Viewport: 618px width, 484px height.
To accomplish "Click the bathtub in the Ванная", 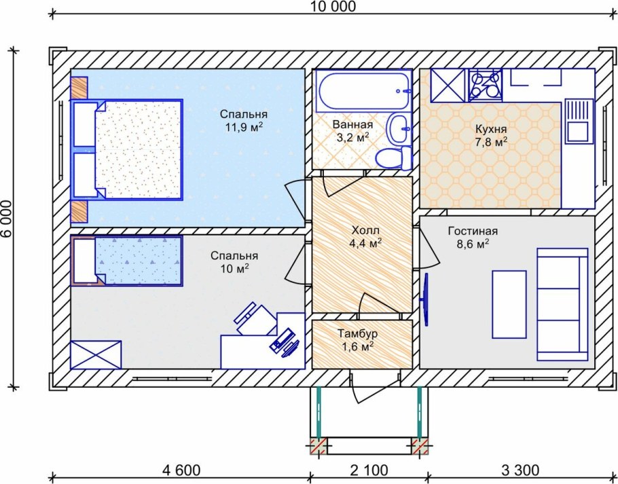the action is coord(364,91).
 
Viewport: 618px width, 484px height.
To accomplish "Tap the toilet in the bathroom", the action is coord(393,157).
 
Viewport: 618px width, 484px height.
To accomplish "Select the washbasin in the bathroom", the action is coord(399,128).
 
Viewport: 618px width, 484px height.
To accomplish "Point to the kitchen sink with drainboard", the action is coord(579,121).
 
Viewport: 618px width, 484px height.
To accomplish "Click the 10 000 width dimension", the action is coord(333,7).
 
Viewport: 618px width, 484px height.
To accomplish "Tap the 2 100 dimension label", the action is coord(369,470).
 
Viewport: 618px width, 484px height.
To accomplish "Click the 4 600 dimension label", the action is coord(182,470).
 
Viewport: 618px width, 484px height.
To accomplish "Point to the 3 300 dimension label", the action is coord(520,470).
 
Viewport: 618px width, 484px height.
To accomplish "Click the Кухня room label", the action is coord(491,129).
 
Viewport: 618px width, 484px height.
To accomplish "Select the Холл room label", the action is coord(365,230).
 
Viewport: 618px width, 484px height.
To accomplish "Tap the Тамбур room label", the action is coord(358,334).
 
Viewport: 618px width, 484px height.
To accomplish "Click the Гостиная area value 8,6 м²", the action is coord(473,244).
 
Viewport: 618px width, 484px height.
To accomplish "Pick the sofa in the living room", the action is coord(562,304).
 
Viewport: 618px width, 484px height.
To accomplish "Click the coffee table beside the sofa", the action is coord(509,304).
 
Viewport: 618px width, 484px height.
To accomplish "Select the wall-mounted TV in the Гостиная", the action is coord(425,300).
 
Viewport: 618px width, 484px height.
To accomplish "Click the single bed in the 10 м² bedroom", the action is coord(126,261).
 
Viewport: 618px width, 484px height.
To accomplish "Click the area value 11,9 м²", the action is coord(244,128).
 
